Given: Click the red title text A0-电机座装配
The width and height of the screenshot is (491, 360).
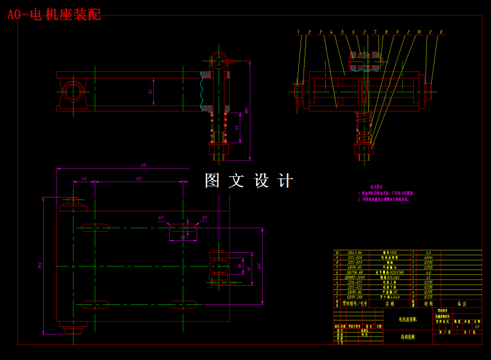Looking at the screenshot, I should [x=54, y=14].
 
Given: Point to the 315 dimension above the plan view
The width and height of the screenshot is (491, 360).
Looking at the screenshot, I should [x=143, y=165].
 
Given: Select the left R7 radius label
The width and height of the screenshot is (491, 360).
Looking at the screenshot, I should [x=161, y=218].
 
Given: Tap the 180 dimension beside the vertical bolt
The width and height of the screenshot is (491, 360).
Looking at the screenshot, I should [x=246, y=110].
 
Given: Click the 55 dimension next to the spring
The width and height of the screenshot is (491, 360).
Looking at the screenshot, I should [x=237, y=128].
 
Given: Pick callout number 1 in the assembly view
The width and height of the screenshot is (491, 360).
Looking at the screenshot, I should [x=298, y=32].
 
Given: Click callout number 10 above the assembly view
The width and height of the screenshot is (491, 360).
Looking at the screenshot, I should [x=419, y=32].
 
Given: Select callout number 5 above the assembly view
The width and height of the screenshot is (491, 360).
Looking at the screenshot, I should [x=343, y=32].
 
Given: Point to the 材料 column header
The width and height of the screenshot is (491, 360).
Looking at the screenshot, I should [x=428, y=304].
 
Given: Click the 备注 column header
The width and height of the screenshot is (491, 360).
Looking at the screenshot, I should [x=461, y=304].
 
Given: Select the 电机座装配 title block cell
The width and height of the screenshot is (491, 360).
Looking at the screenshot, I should [x=409, y=319].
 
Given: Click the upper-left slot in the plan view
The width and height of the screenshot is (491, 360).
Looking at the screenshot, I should [x=95, y=228].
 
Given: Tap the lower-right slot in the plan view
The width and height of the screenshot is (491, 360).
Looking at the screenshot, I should [x=183, y=304].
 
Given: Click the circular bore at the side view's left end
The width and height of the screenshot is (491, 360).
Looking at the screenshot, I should [x=72, y=92].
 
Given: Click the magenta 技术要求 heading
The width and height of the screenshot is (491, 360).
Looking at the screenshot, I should [x=376, y=187].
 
